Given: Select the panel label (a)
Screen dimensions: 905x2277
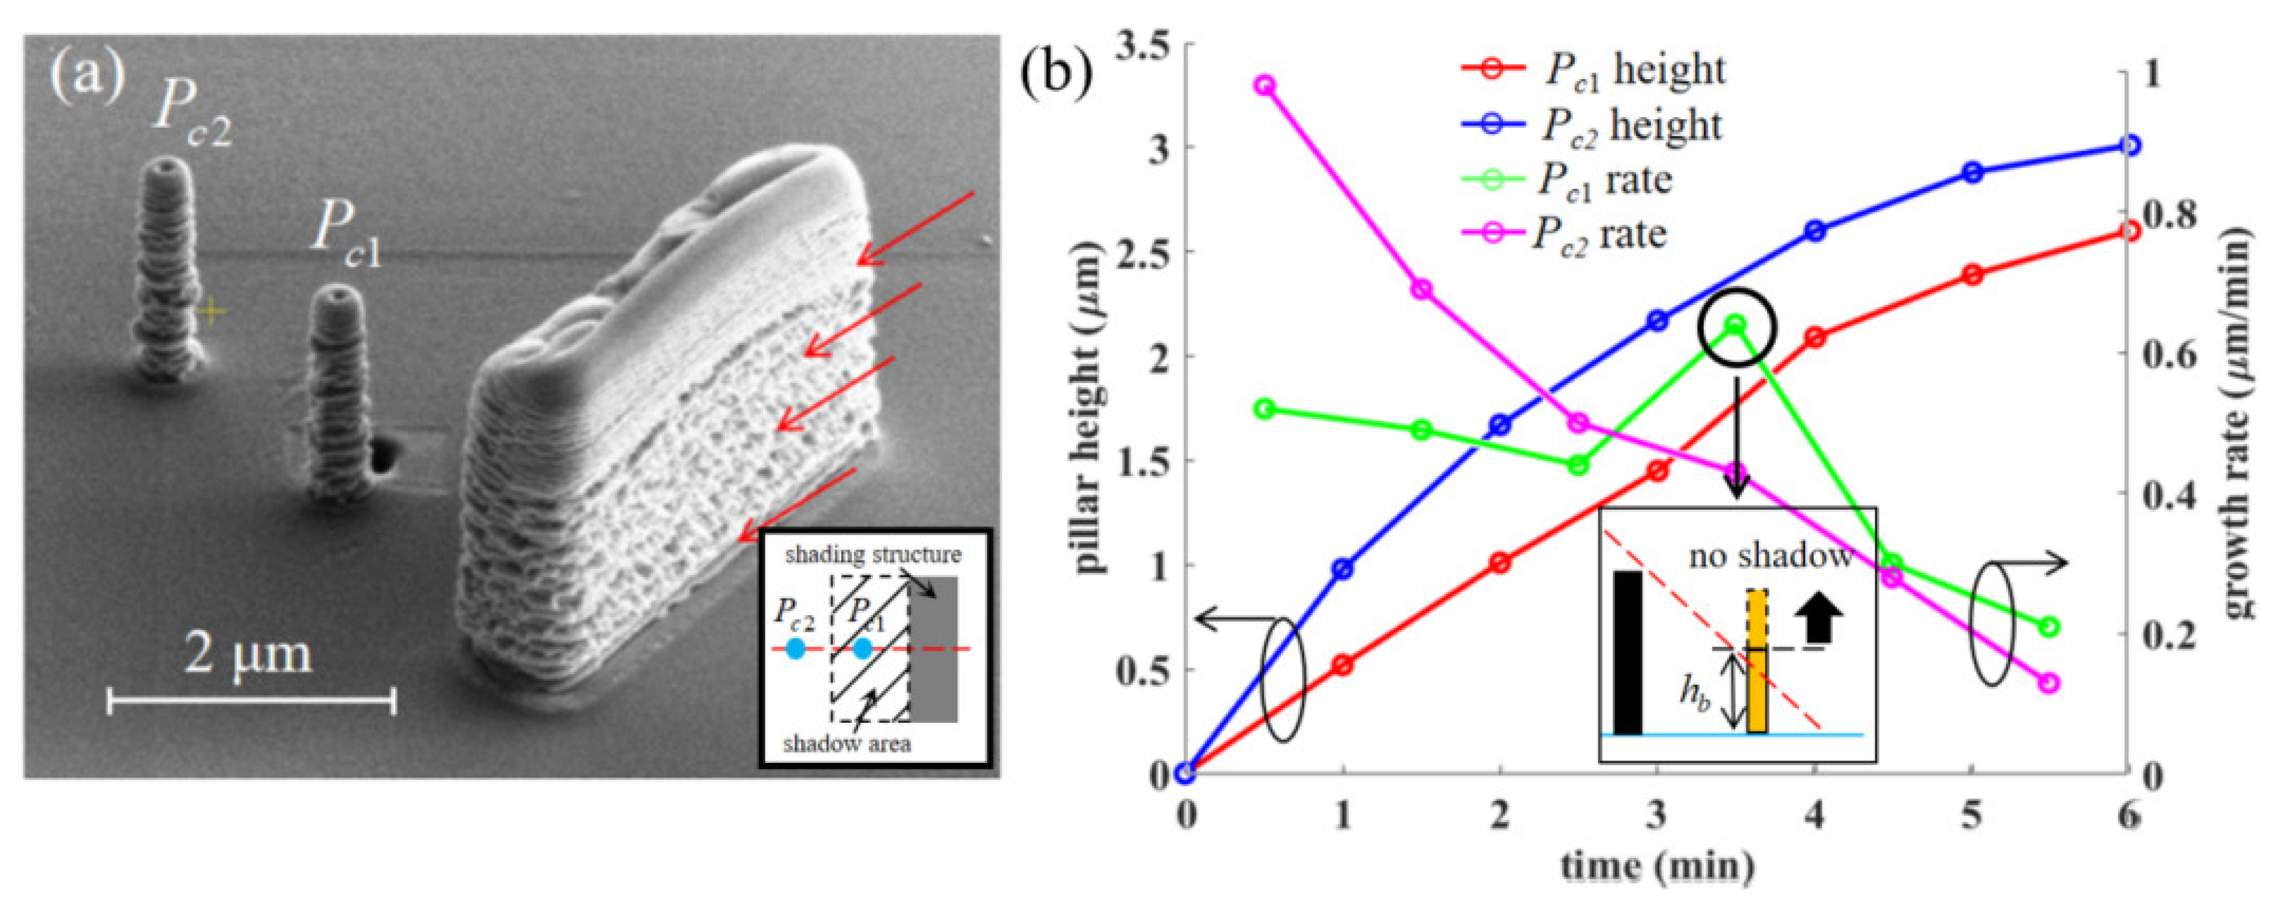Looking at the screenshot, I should tap(86, 76).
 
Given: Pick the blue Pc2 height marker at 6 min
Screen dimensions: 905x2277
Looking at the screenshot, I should tap(2130, 145).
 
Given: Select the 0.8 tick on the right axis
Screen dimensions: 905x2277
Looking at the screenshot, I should tap(2171, 216).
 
